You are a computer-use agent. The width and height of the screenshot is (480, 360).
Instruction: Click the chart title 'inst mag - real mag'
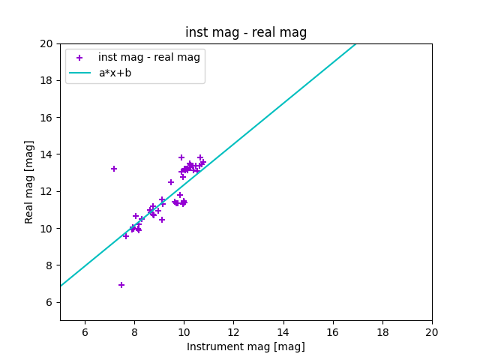click(246, 32)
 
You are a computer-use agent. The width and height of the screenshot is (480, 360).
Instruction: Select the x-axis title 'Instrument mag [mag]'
click(246, 346)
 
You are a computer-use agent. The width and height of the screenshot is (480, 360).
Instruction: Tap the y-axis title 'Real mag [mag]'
click(30, 181)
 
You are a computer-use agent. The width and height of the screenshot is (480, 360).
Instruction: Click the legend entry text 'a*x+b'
click(115, 73)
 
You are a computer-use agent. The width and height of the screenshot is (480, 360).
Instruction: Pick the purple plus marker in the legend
click(79, 58)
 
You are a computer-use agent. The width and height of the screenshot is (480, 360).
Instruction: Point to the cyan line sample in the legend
click(79, 73)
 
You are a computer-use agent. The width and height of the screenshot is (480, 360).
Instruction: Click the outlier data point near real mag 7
click(121, 285)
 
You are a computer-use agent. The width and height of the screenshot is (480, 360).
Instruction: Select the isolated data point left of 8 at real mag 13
click(114, 169)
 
